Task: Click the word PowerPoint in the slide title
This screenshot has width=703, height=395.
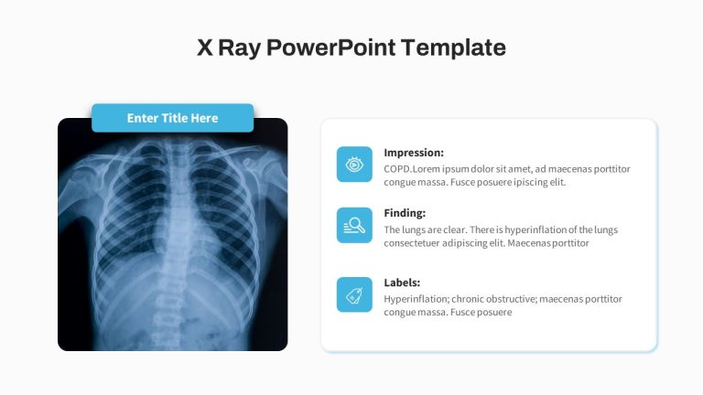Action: pos(330,48)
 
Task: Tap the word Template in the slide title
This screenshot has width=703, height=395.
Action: pos(453,48)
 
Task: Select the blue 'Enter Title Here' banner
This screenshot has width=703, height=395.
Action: pos(173,118)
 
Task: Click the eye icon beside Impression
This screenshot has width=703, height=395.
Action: pos(354,165)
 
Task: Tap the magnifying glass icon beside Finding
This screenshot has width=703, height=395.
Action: pos(354,225)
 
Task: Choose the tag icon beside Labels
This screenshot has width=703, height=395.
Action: pos(354,294)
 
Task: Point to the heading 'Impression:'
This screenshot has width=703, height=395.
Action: pos(414,153)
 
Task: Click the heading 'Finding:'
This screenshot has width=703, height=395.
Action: pos(405,213)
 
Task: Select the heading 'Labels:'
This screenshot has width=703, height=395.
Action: pos(402,283)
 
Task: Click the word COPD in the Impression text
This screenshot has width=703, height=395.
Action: pos(396,169)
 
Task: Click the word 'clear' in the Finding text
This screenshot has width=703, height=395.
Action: pos(455,230)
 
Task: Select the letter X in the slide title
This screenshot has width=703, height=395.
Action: pos(205,48)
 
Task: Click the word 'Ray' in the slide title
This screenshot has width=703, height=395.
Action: pos(239,48)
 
